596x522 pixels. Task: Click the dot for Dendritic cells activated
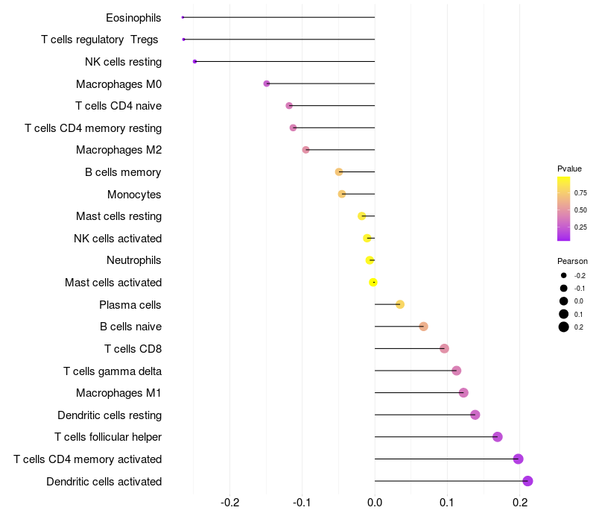click(527, 481)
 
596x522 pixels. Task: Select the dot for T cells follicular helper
click(498, 437)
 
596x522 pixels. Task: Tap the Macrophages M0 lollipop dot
click(267, 84)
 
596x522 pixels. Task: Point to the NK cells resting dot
click(194, 61)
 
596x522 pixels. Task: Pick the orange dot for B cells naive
click(423, 327)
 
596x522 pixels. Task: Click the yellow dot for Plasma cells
click(400, 304)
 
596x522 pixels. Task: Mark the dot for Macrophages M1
click(463, 393)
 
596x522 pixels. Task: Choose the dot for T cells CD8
click(444, 348)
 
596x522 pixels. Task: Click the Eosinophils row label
click(133, 17)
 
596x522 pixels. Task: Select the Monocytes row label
click(134, 195)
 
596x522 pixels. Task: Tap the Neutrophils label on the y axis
click(134, 260)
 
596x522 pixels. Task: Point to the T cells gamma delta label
click(112, 371)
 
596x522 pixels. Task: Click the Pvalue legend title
click(569, 169)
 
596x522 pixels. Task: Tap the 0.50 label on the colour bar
click(580, 210)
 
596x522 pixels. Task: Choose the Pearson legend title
click(572, 261)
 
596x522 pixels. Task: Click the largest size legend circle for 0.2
click(564, 327)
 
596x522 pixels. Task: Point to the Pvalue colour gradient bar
click(564, 210)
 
